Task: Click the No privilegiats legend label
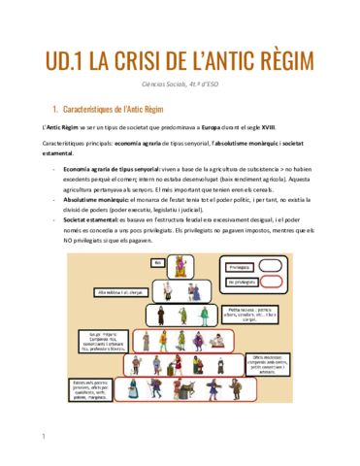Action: coord(242,282)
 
